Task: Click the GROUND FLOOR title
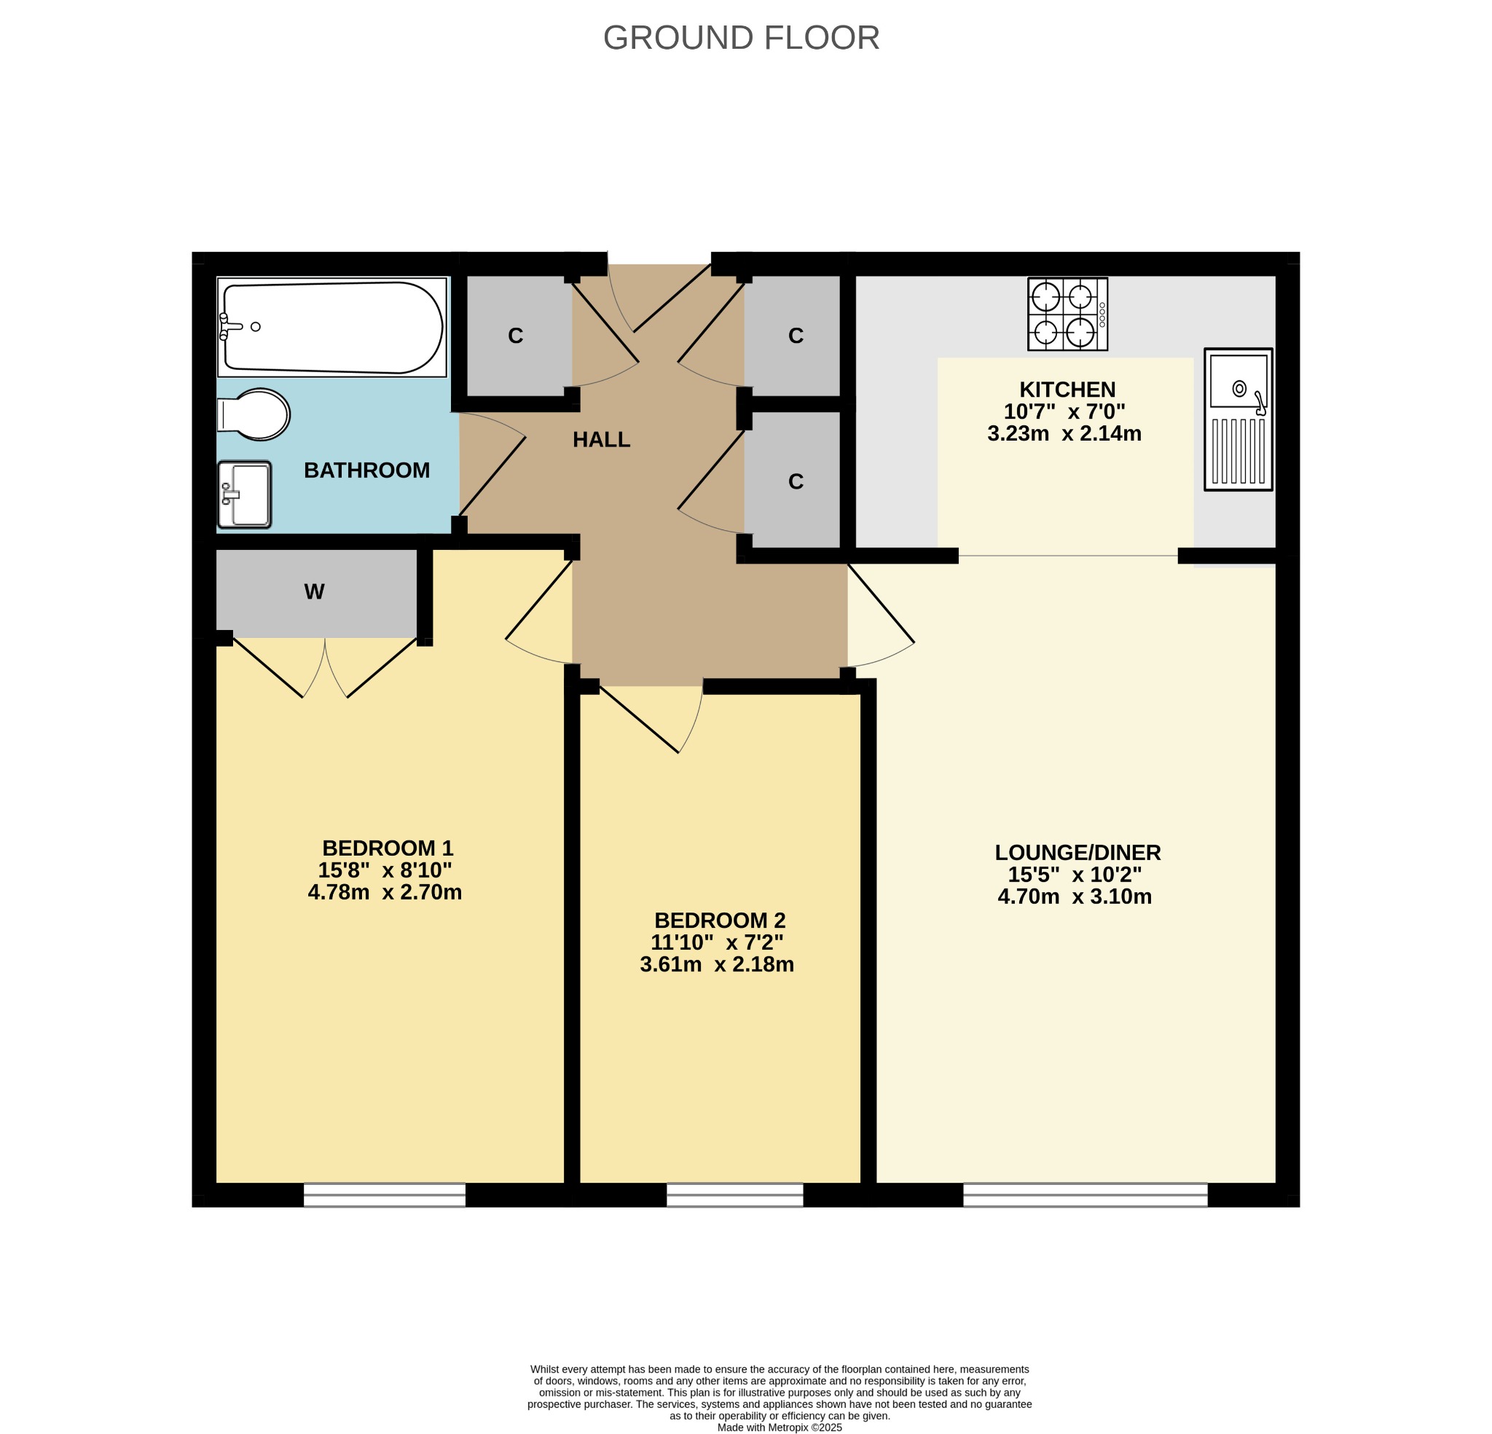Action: coord(741,38)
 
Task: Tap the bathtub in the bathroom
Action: coord(332,327)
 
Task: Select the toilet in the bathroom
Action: coord(254,415)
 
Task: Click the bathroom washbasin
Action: coord(244,495)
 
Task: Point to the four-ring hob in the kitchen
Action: coord(1067,314)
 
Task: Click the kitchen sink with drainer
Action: coord(1238,419)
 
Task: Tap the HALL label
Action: coord(601,440)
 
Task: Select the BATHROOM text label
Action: coord(367,470)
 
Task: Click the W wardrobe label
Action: coord(315,592)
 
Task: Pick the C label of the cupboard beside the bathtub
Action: coord(515,336)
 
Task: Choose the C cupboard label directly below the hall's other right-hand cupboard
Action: coord(796,482)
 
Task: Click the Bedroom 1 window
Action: coord(385,1194)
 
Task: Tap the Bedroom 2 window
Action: coord(734,1194)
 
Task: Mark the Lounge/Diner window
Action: coord(1085,1194)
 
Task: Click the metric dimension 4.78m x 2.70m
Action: coord(385,892)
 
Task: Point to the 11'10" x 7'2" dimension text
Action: coord(716,942)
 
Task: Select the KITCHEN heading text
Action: coord(1067,390)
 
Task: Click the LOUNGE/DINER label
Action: coord(1078,853)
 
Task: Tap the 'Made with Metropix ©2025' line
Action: coord(780,1428)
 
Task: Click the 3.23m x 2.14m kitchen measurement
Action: coord(1064,434)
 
